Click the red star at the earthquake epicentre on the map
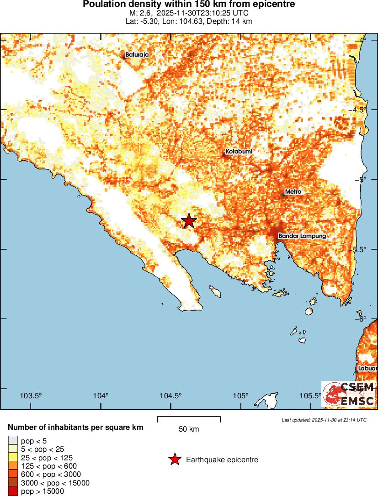189,221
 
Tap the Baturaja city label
137,55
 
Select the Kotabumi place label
239,151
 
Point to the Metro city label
293,191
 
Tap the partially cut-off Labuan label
368,369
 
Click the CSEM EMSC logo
349,394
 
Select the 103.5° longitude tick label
32,396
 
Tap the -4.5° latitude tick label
367,110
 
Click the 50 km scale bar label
189,429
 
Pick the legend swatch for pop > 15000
13,491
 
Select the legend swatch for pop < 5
13,441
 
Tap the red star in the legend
174,459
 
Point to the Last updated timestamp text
324,419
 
